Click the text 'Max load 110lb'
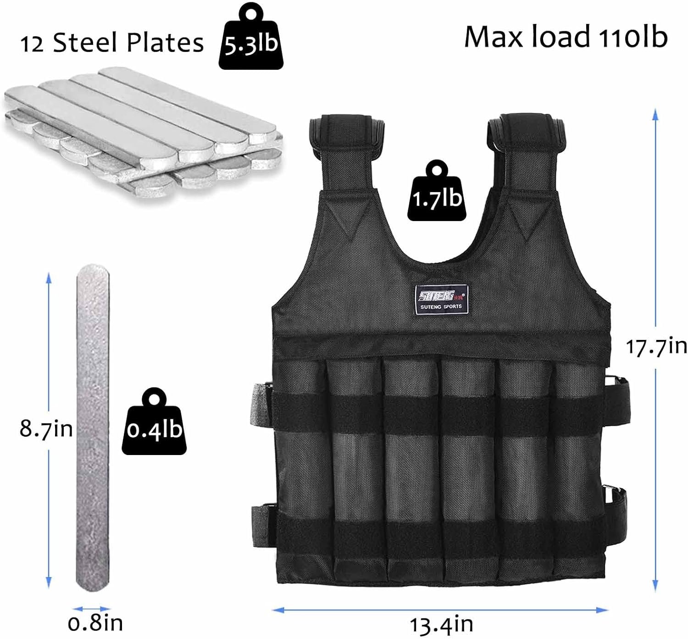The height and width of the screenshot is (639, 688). pyautogui.click(x=566, y=37)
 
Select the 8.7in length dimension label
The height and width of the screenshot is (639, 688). pyautogui.click(x=46, y=428)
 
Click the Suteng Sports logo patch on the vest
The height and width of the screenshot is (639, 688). pyautogui.click(x=441, y=300)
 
